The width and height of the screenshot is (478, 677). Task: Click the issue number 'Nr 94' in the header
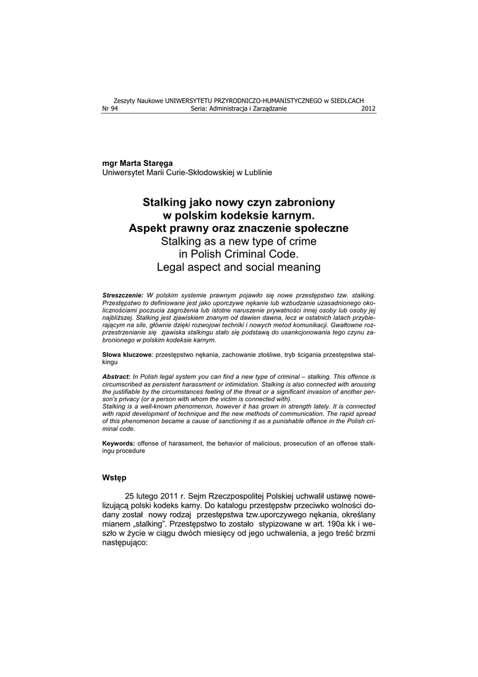(109, 109)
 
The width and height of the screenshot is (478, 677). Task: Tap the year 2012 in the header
(368, 109)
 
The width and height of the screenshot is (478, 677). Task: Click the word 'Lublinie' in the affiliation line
(258, 172)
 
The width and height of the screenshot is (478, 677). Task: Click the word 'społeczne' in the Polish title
(320, 228)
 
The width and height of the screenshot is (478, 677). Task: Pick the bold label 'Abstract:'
(117, 376)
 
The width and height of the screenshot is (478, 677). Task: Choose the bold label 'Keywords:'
(119, 443)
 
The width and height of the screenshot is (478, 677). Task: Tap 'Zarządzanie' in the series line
(269, 109)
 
